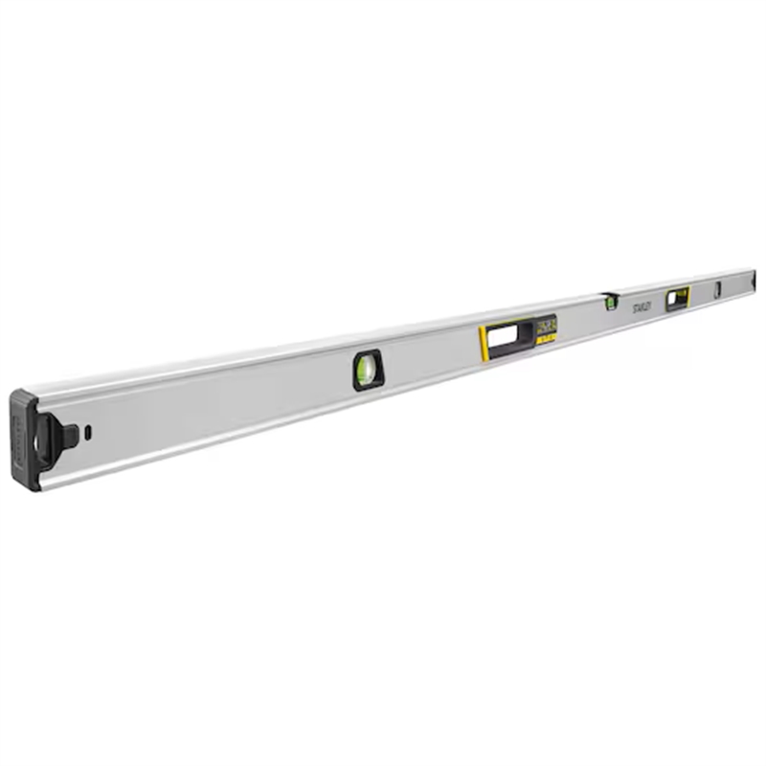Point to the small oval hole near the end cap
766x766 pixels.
coord(87,431)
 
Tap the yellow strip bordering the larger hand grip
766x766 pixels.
coord(483,344)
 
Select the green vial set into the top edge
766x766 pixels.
coord(610,303)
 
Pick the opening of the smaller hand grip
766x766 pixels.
coord(677,298)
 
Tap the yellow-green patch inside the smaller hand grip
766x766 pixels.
coord(682,294)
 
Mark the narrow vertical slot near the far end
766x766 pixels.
coord(718,289)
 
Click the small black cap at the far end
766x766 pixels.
coord(754,280)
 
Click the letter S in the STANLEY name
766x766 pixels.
coord(634,307)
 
